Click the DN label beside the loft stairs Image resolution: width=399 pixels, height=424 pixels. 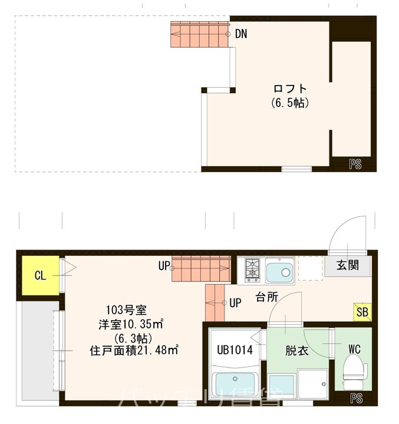click(240, 34)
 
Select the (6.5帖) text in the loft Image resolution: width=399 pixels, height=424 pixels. click(290, 103)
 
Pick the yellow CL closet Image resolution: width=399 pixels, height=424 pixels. click(39, 275)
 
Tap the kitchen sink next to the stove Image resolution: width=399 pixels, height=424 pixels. click(280, 271)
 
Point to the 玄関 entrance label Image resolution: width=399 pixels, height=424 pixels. click(348, 265)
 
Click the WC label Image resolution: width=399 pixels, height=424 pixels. click(354, 349)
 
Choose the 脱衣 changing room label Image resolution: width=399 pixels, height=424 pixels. click(297, 350)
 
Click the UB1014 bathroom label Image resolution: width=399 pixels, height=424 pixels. click(233, 350)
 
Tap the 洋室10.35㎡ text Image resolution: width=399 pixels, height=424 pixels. click(131, 324)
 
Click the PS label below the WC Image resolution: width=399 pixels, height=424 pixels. click(357, 399)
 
